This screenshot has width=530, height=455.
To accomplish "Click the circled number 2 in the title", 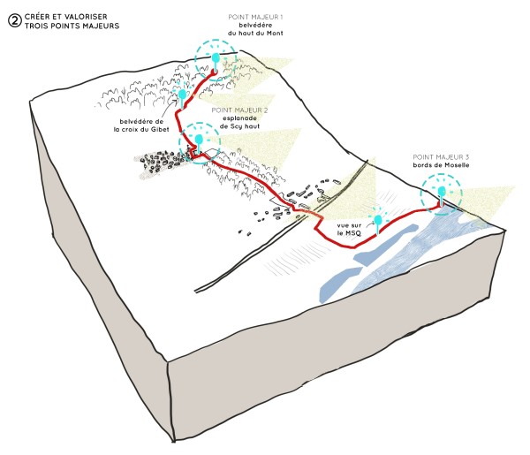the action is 14,21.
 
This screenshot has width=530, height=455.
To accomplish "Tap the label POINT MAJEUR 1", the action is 255,17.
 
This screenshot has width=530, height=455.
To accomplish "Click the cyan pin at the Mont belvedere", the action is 216,61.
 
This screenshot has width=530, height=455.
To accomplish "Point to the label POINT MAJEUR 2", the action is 239,110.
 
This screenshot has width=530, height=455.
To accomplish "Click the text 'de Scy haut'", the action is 239,126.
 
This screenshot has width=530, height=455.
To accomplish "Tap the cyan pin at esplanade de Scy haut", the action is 199,142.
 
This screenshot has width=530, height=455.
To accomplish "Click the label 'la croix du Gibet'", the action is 141,130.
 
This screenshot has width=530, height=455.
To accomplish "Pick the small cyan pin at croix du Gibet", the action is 182,96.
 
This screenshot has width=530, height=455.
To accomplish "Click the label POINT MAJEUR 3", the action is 441,157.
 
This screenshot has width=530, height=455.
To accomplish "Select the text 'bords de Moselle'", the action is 441,165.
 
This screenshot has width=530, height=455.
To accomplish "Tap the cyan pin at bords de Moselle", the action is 441,195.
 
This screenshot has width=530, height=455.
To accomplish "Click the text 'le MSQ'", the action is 349,233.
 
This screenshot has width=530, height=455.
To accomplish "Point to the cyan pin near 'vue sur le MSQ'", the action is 377,224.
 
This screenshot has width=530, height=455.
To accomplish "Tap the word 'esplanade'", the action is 239,118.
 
